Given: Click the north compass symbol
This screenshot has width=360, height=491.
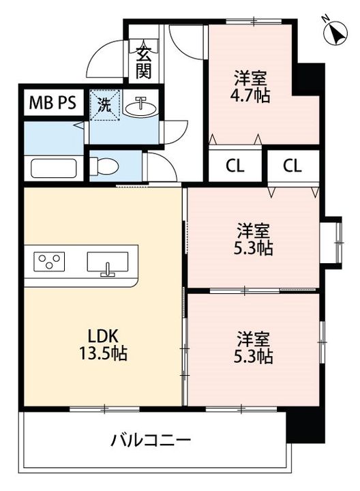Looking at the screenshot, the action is click(x=335, y=33).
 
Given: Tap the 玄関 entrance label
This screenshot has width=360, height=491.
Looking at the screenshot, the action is click(x=143, y=63).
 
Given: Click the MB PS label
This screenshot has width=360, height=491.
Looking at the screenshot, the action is click(x=52, y=102).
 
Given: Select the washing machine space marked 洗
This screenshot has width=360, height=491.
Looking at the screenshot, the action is click(x=105, y=105).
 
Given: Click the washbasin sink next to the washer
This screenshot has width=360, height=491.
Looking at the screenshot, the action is click(x=140, y=106).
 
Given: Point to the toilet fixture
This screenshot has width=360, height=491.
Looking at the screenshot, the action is click(x=104, y=165).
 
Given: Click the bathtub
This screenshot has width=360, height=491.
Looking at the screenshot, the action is click(x=54, y=168).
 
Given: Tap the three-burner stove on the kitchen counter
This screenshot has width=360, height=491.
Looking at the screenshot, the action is click(x=49, y=261).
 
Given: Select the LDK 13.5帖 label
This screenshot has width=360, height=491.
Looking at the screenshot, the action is click(x=103, y=345).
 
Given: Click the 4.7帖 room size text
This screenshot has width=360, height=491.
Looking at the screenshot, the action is click(x=250, y=95).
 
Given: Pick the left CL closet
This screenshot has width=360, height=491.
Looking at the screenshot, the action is click(x=235, y=166).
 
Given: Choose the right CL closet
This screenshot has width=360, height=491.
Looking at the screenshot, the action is click(x=292, y=166).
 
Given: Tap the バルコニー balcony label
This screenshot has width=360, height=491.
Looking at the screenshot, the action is click(x=151, y=441).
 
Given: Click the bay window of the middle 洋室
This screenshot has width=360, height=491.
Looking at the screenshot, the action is click(x=333, y=242).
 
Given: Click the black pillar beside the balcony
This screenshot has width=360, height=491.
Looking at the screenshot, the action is click(x=305, y=425).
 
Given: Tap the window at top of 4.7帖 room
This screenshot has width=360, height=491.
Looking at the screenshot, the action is click(x=254, y=22).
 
